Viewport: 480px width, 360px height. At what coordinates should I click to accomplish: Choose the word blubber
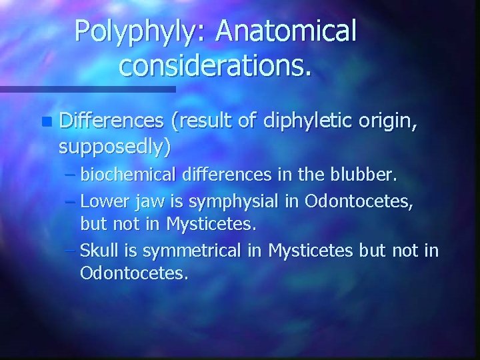click(364, 177)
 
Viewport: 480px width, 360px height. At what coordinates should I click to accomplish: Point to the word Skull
click(99, 250)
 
